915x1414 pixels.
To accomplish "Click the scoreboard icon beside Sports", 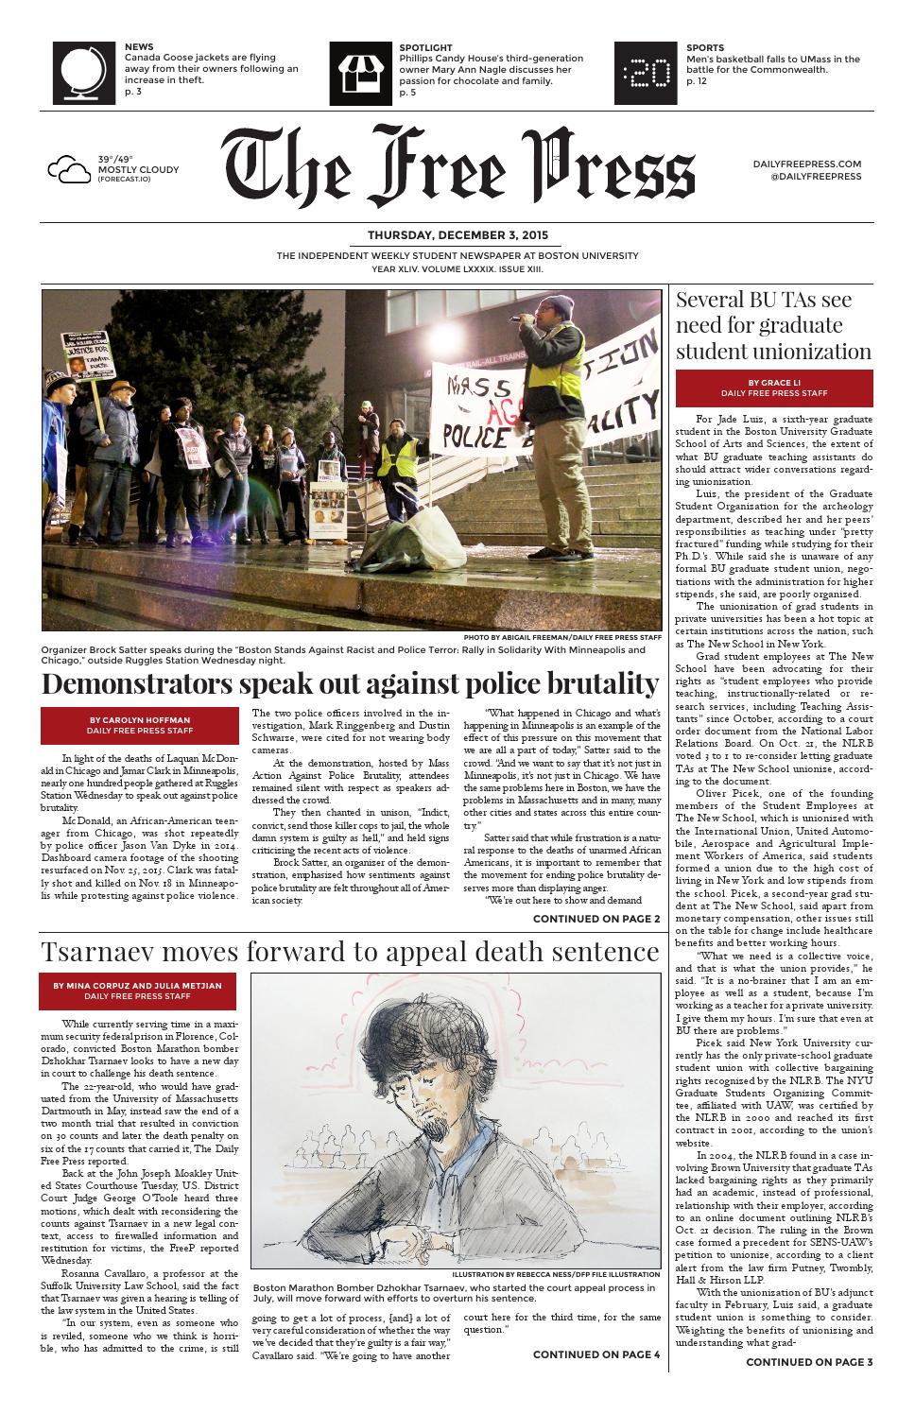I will [646, 73].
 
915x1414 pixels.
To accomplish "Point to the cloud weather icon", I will [69, 170].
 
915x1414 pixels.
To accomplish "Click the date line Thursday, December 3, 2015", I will [457, 236].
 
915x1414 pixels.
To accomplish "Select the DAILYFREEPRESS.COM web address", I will [807, 164].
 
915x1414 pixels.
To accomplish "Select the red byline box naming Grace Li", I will [774, 388].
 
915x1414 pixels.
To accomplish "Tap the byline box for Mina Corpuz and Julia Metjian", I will [139, 992].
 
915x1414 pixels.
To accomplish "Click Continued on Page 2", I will [596, 919].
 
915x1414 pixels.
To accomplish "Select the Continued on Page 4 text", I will [596, 1354].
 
